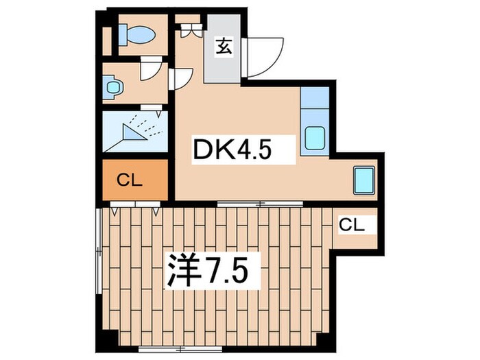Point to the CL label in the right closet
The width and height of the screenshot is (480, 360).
(x=352, y=224)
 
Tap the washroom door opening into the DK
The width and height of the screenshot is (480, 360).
(x=180, y=78)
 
